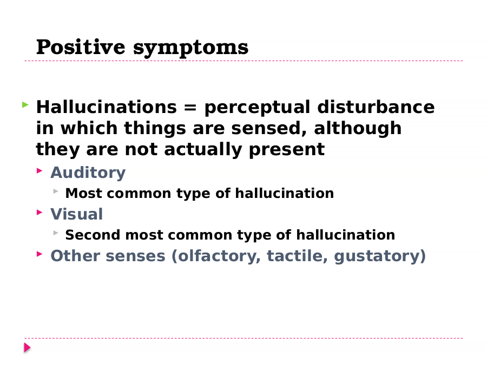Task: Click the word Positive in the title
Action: click(81, 47)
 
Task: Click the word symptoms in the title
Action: click(190, 49)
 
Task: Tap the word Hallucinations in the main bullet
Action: click(107, 107)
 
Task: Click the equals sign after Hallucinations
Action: click(190, 108)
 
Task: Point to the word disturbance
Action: click(376, 107)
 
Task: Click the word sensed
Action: click(269, 129)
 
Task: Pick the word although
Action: click(358, 129)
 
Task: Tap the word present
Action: click(287, 150)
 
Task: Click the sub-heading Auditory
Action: click(88, 173)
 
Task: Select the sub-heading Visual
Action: click(77, 214)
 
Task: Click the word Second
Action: click(93, 235)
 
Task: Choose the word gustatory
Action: click(377, 257)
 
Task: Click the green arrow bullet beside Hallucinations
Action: click(25, 105)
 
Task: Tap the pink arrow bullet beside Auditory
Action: click(40, 170)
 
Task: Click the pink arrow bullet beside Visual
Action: click(40, 213)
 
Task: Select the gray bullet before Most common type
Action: click(56, 191)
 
